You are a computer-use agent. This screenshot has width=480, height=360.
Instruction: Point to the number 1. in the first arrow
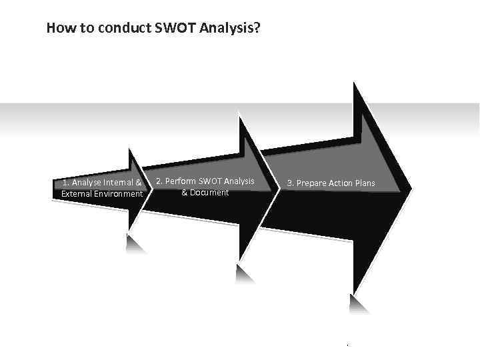65,183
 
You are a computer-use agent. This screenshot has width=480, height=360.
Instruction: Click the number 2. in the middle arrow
159,181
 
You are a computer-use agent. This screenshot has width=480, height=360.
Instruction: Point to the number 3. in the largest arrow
291,183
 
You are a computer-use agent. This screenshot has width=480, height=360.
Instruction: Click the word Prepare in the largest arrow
312,183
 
